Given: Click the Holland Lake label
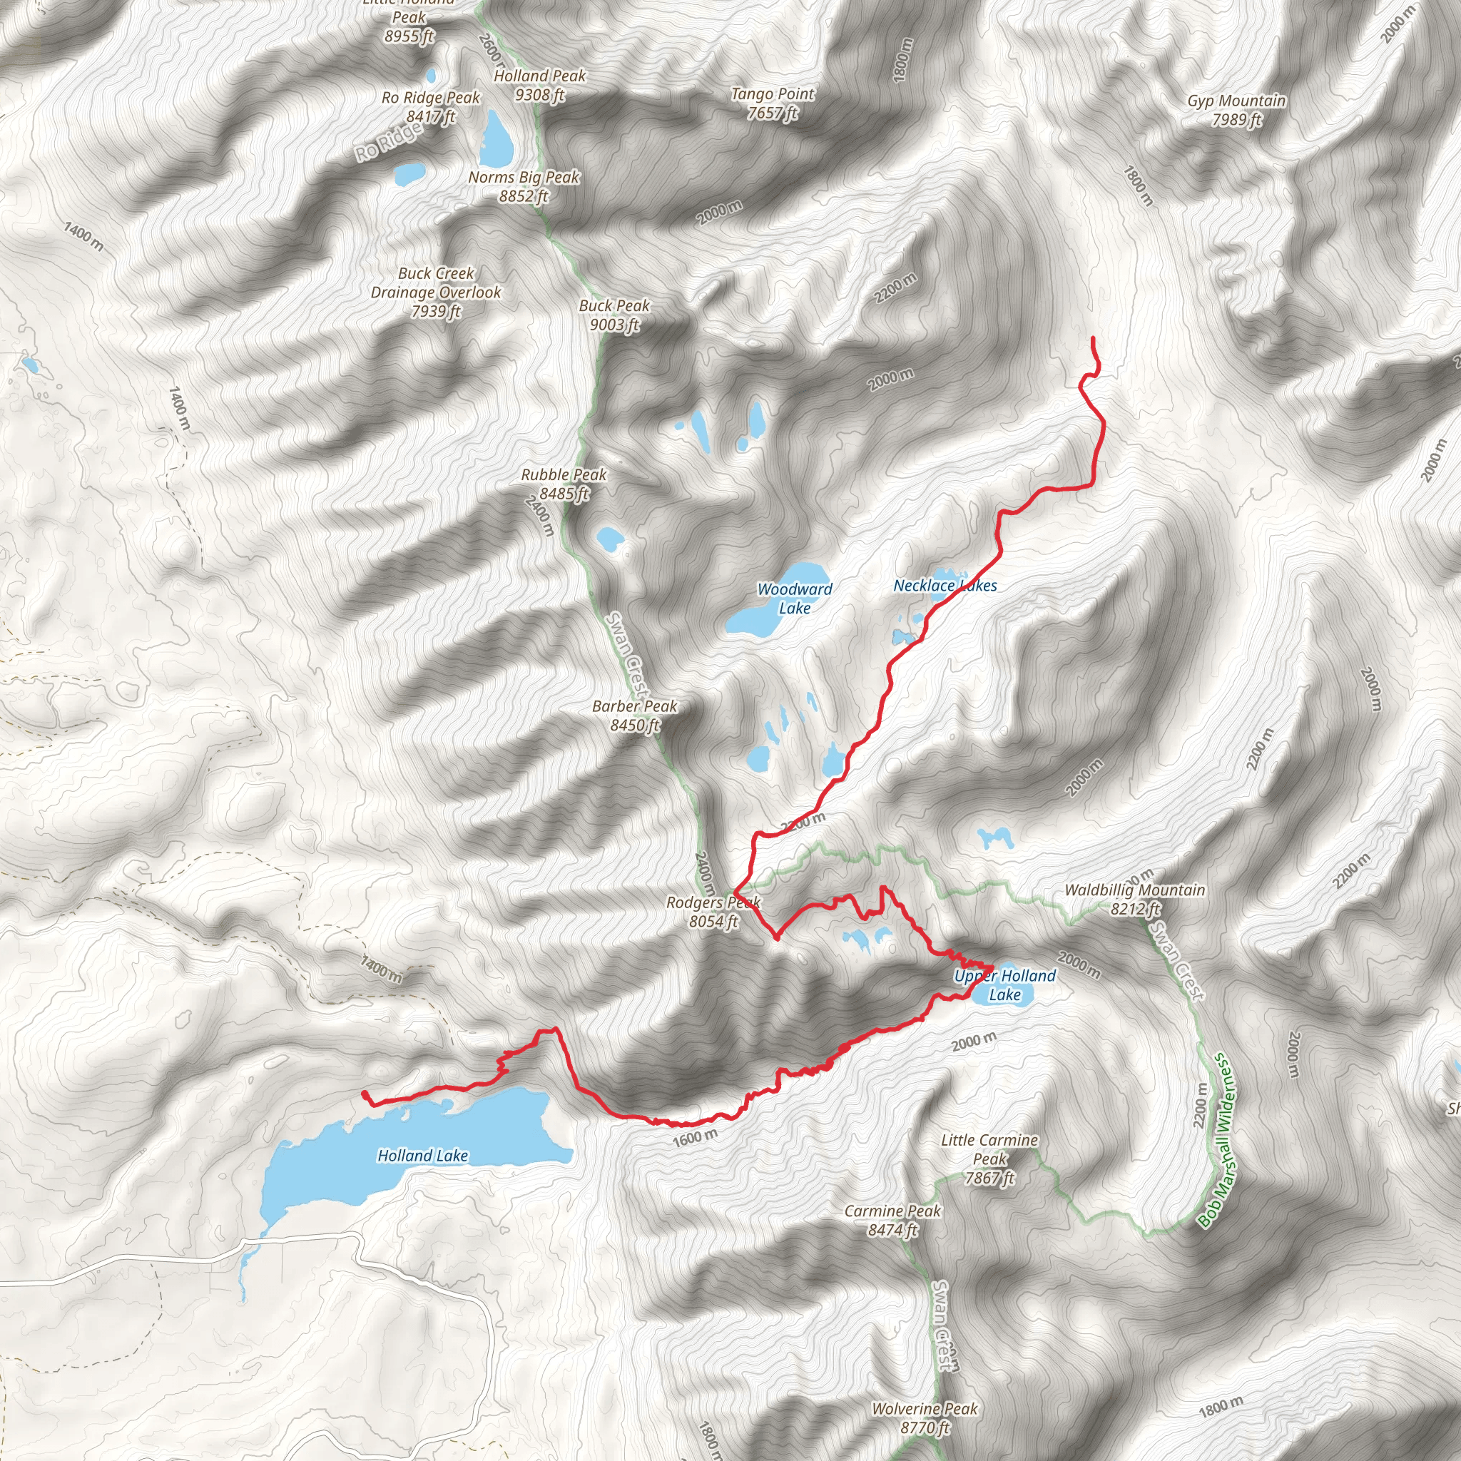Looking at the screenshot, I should pyautogui.click(x=422, y=1156).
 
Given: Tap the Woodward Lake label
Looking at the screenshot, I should pyautogui.click(x=794, y=598).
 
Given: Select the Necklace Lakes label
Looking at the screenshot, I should pyautogui.click(x=945, y=585).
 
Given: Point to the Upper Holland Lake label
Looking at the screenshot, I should pyautogui.click(x=1004, y=985).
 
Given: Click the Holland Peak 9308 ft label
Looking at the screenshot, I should pyautogui.click(x=539, y=85).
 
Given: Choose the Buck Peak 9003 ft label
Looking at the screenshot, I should pyautogui.click(x=614, y=315).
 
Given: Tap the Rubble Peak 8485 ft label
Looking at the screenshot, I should pyautogui.click(x=564, y=484).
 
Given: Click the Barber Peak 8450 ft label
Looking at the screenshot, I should pyautogui.click(x=634, y=716).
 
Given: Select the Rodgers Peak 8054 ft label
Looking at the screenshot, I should pyautogui.click(x=713, y=911).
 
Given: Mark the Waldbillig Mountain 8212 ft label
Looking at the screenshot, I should pyautogui.click(x=1134, y=899).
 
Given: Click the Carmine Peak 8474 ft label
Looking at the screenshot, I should pyautogui.click(x=892, y=1221).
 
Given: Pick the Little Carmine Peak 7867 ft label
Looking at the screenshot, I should pyautogui.click(x=989, y=1159).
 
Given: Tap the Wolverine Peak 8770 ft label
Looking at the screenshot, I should pyautogui.click(x=924, y=1418).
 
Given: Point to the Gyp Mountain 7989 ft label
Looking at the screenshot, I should pyautogui.click(x=1236, y=110).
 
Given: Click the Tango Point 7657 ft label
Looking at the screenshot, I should pyautogui.click(x=772, y=103).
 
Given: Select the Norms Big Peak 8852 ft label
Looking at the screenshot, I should pyautogui.click(x=524, y=186).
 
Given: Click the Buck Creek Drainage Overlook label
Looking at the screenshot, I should pyautogui.click(x=436, y=292).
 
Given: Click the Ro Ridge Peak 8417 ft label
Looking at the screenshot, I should pyautogui.click(x=430, y=106).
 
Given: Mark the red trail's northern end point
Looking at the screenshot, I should pyautogui.click(x=1093, y=338).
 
